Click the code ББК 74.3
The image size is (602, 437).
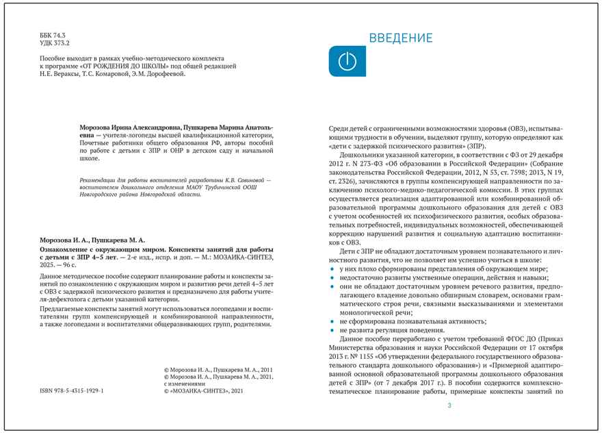pyautogui.click(x=53, y=34)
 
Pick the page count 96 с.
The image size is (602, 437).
pyautogui.click(x=70, y=264)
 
